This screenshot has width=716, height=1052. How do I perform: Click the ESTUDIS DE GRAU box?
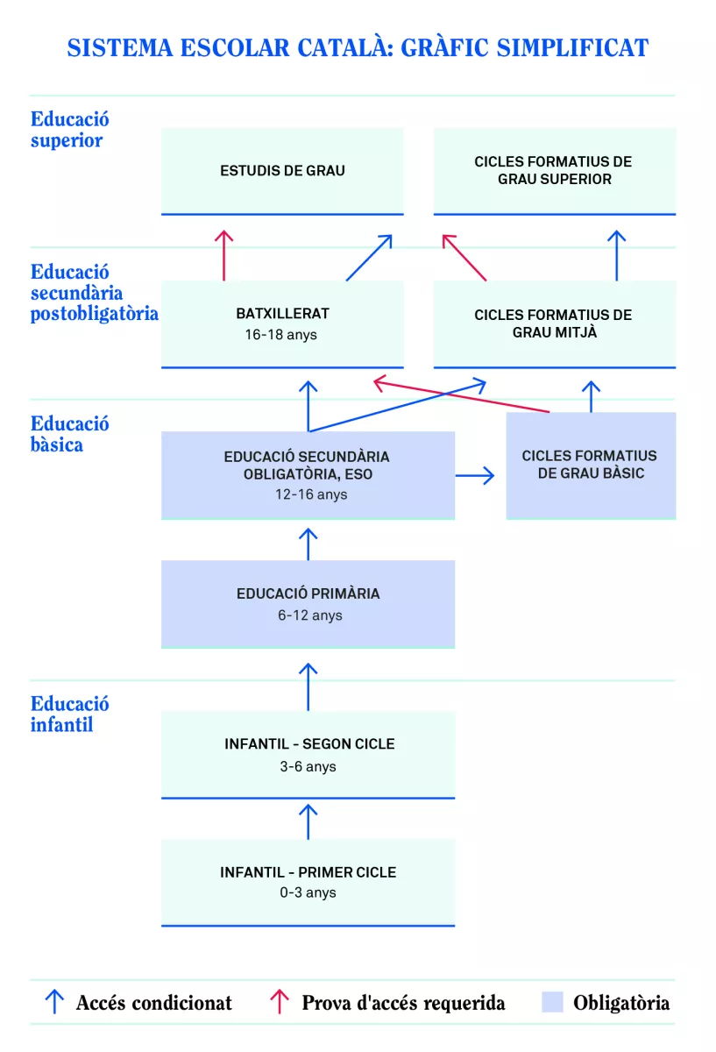[x=282, y=171]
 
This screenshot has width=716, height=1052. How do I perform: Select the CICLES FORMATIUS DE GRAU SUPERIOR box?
[x=554, y=171]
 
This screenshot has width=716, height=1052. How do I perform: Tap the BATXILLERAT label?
[x=282, y=314]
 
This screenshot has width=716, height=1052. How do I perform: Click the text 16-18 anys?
[x=281, y=335]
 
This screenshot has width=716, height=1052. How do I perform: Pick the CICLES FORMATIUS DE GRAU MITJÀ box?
[x=554, y=323]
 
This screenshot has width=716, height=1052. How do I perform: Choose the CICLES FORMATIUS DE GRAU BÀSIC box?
[x=590, y=465]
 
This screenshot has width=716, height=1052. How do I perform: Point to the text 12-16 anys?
[x=308, y=494]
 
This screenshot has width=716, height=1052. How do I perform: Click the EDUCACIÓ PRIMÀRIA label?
[x=308, y=594]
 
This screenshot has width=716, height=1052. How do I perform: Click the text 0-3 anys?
[x=308, y=893]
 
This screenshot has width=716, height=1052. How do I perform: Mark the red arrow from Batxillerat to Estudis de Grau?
[x=224, y=255]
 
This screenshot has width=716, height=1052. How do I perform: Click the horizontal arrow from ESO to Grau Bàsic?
[x=475, y=476]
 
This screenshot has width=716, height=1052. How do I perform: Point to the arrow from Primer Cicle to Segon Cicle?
[x=308, y=821]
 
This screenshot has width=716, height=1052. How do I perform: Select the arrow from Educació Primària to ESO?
[x=308, y=544]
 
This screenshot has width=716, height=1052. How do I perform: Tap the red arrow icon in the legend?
[x=280, y=1002]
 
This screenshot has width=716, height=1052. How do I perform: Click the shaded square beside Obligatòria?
[x=552, y=1002]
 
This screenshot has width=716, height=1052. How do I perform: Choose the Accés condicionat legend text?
[x=154, y=1003]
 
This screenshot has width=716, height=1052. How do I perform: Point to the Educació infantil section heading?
[x=70, y=714]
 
